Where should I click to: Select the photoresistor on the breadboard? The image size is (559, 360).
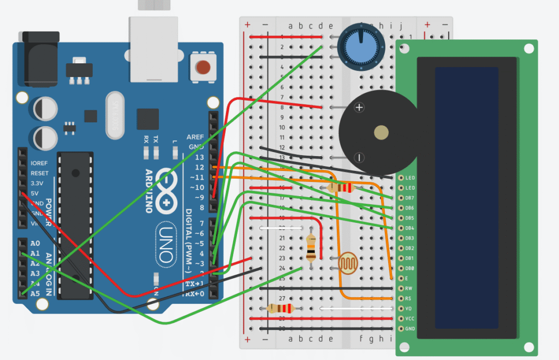click(x=347, y=264)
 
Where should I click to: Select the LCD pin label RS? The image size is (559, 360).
click(x=408, y=298)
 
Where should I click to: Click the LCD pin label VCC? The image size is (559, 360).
click(x=410, y=318)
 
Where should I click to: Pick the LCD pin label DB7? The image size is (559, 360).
click(x=410, y=197)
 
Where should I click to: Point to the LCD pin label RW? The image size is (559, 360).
click(x=408, y=288)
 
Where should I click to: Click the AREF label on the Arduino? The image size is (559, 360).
click(x=195, y=137)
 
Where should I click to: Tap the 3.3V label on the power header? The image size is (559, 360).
click(x=39, y=183)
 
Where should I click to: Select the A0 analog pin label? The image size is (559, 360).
click(x=35, y=244)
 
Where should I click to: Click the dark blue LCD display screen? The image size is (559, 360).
click(x=467, y=197)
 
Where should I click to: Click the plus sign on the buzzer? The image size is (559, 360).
click(x=359, y=108)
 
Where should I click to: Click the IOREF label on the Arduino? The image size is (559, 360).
click(x=40, y=163)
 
